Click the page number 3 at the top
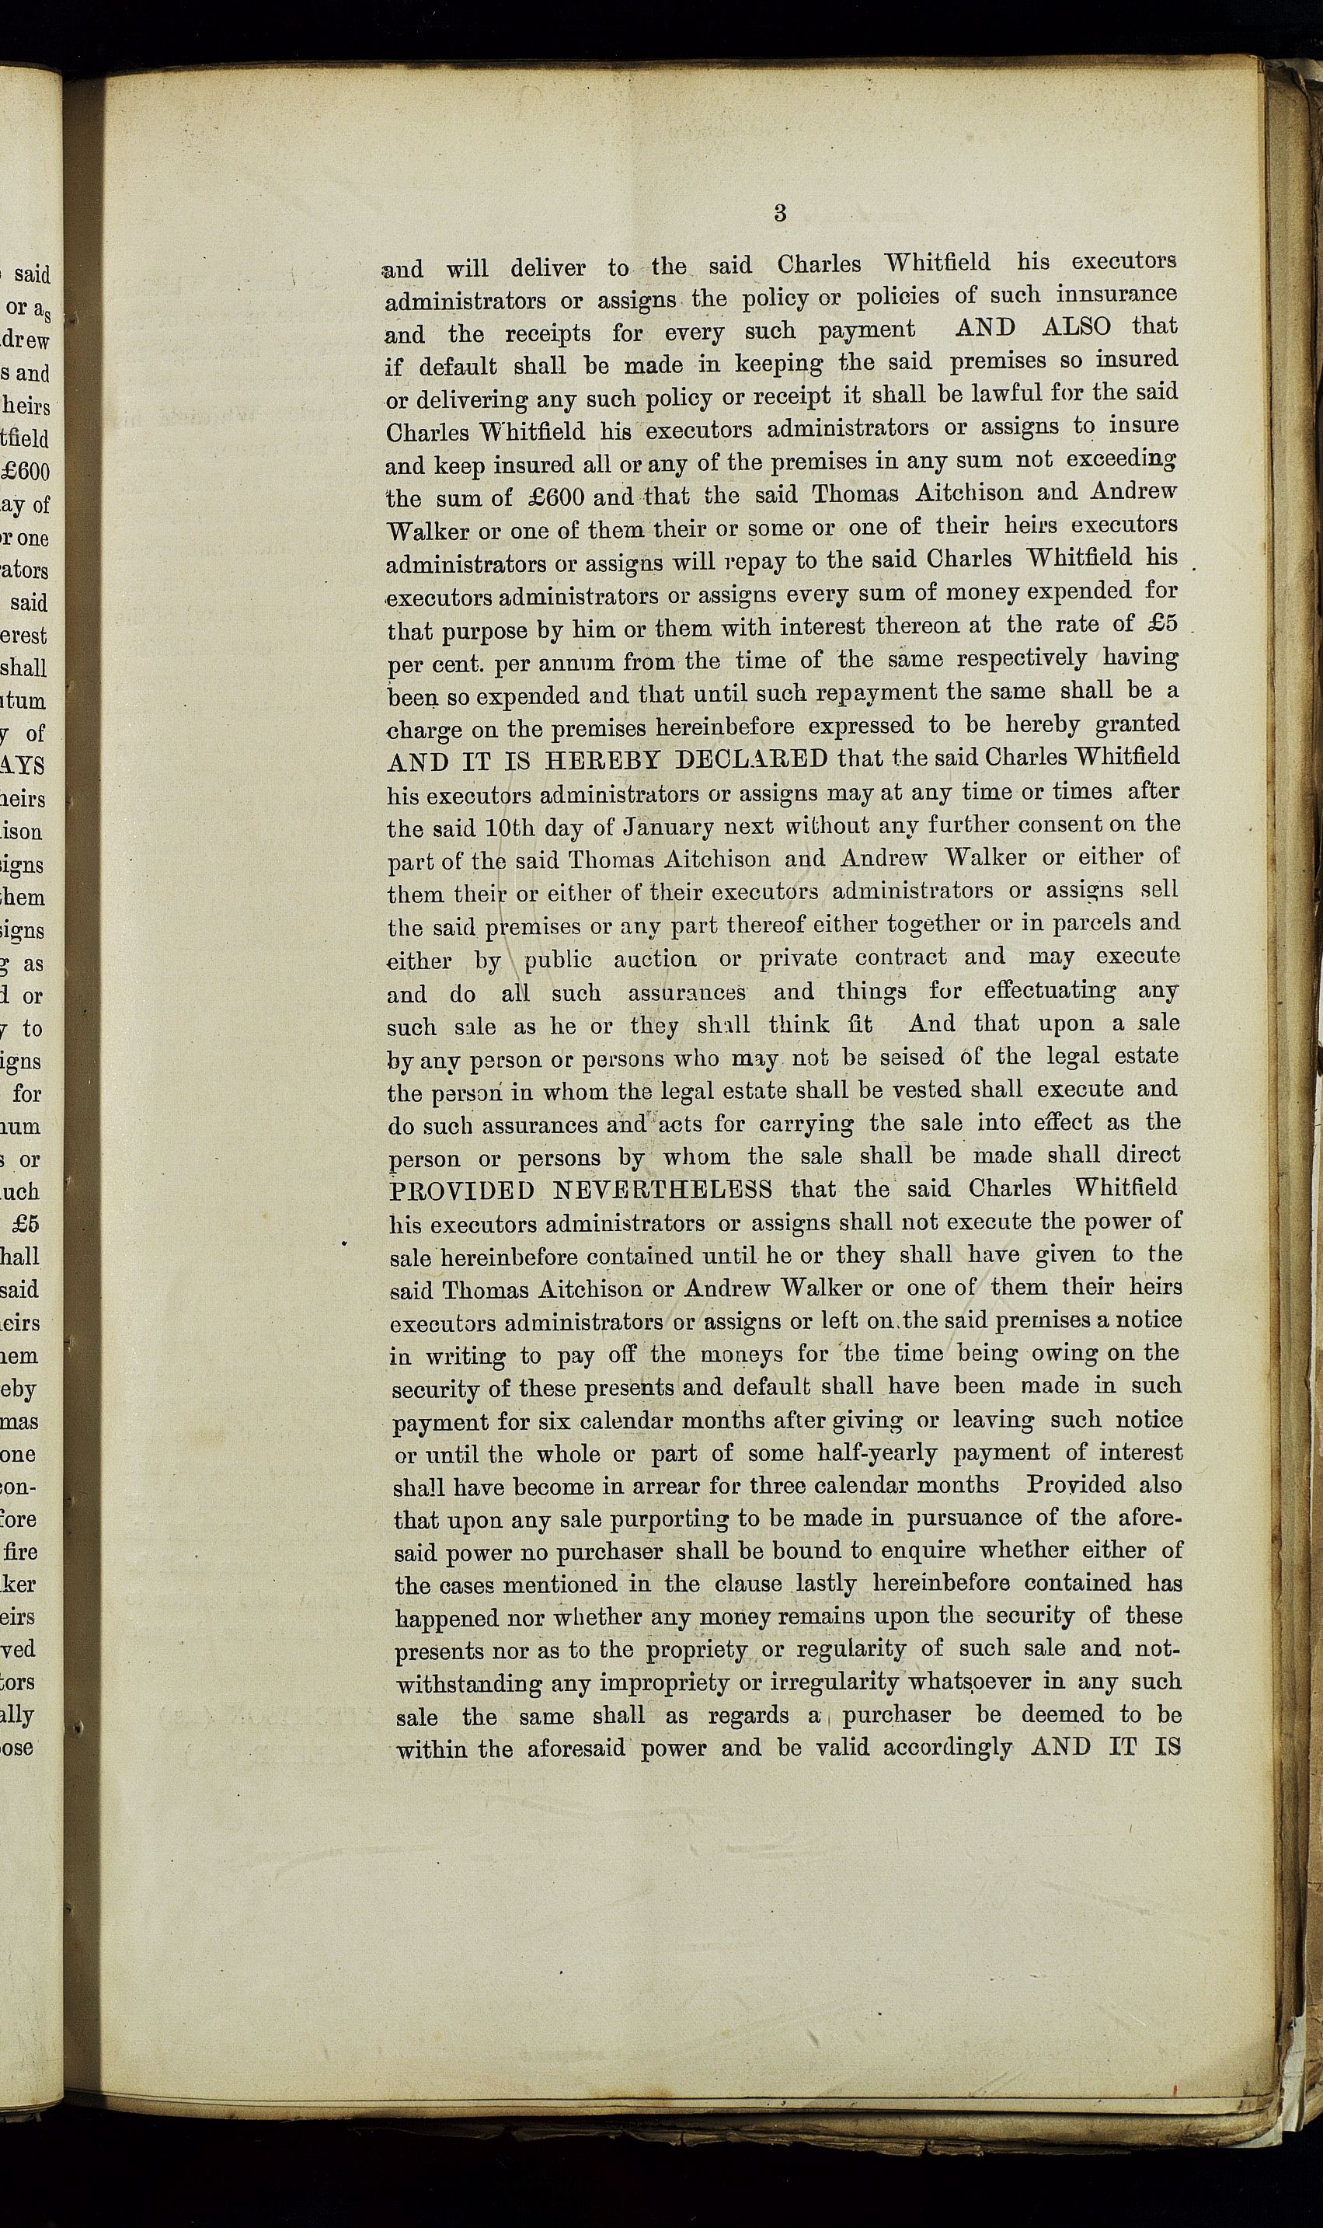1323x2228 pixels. (x=780, y=213)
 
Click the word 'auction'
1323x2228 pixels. (x=655, y=959)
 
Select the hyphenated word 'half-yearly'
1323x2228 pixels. (x=877, y=1452)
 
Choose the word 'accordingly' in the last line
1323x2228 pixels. (x=948, y=1749)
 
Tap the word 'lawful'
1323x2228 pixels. (x=997, y=393)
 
